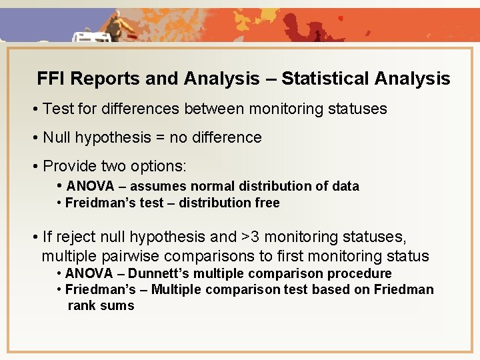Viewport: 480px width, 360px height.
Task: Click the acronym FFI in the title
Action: pyautogui.click(x=51, y=79)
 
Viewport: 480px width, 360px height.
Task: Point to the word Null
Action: pyautogui.click(x=57, y=137)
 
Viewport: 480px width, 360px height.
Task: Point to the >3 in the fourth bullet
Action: pyautogui.click(x=251, y=237)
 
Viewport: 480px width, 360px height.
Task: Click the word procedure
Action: pyautogui.click(x=363, y=273)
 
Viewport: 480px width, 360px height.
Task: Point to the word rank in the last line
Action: pyautogui.click(x=81, y=306)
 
